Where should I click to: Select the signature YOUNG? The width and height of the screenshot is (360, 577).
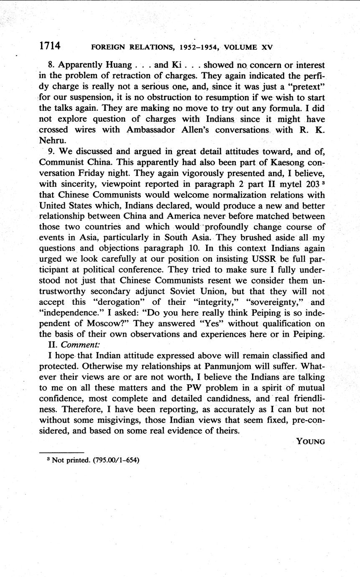(x=310, y=441)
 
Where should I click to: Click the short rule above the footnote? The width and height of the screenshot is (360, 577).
(x=61, y=452)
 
